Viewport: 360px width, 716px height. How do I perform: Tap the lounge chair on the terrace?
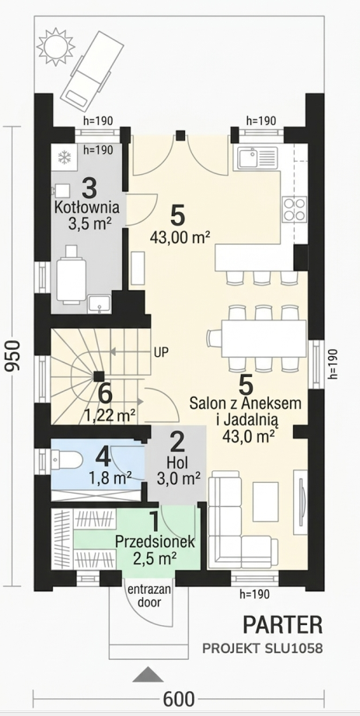tap(93, 71)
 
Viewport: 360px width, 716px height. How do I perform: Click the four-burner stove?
tap(294, 209)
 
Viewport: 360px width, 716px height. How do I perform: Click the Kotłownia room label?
tap(87, 208)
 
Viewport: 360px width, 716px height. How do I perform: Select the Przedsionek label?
tap(155, 542)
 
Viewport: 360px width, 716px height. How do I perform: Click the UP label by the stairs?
tap(162, 352)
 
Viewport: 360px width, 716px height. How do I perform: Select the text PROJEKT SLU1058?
tap(263, 648)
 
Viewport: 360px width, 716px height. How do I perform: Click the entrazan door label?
tap(149, 596)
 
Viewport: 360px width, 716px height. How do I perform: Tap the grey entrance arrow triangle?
tap(148, 674)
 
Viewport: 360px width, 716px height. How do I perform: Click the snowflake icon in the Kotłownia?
tap(65, 159)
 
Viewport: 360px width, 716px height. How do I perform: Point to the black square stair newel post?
tap(98, 376)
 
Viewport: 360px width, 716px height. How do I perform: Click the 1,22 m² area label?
tap(110, 416)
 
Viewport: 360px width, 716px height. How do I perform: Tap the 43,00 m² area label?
tap(180, 237)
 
